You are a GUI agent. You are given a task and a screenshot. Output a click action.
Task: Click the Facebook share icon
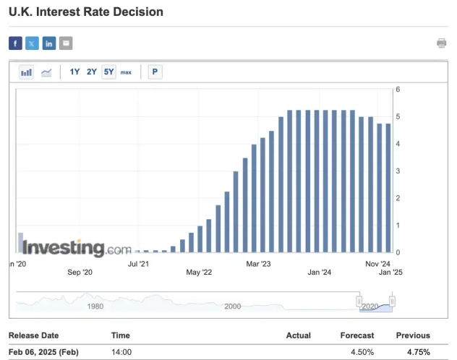pyautogui.click(x=15, y=43)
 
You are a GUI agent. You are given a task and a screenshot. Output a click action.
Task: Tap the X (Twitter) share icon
pyautogui.click(x=32, y=43)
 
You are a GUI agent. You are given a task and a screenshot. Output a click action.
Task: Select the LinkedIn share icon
pyautogui.click(x=49, y=43)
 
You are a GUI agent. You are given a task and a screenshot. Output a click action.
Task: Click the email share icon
pyautogui.click(x=66, y=43)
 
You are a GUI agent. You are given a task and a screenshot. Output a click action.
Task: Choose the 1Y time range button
pyautogui.click(x=75, y=72)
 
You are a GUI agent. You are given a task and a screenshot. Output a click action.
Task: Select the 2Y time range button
pyautogui.click(x=92, y=72)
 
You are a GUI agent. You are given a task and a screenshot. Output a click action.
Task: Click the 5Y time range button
pyautogui.click(x=108, y=72)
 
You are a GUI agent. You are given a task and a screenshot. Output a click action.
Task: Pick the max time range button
pyautogui.click(x=126, y=72)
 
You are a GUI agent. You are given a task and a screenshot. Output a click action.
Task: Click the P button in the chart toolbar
pyautogui.click(x=154, y=72)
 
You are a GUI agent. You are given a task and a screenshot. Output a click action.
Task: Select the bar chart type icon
pyautogui.click(x=26, y=72)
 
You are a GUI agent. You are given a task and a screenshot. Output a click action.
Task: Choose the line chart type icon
pyautogui.click(x=46, y=72)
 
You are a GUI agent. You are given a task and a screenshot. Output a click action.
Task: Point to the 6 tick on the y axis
pyautogui.click(x=398, y=90)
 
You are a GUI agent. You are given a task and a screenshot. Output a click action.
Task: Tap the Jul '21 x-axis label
pyautogui.click(x=139, y=265)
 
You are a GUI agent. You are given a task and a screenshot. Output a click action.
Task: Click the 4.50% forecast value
pyautogui.click(x=362, y=352)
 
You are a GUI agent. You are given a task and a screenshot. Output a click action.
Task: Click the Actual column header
pyautogui.click(x=299, y=335)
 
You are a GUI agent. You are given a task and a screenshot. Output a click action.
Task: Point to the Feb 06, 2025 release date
pyautogui.click(x=43, y=352)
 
